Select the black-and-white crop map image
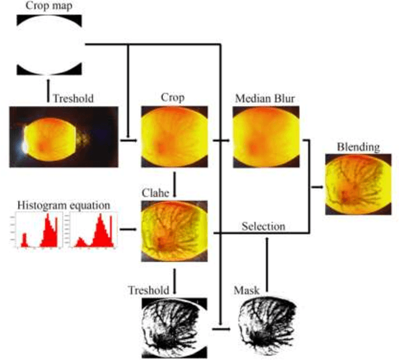click(48, 44)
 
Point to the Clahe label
click(171, 192)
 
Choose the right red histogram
click(92, 230)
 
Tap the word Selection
click(264, 227)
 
